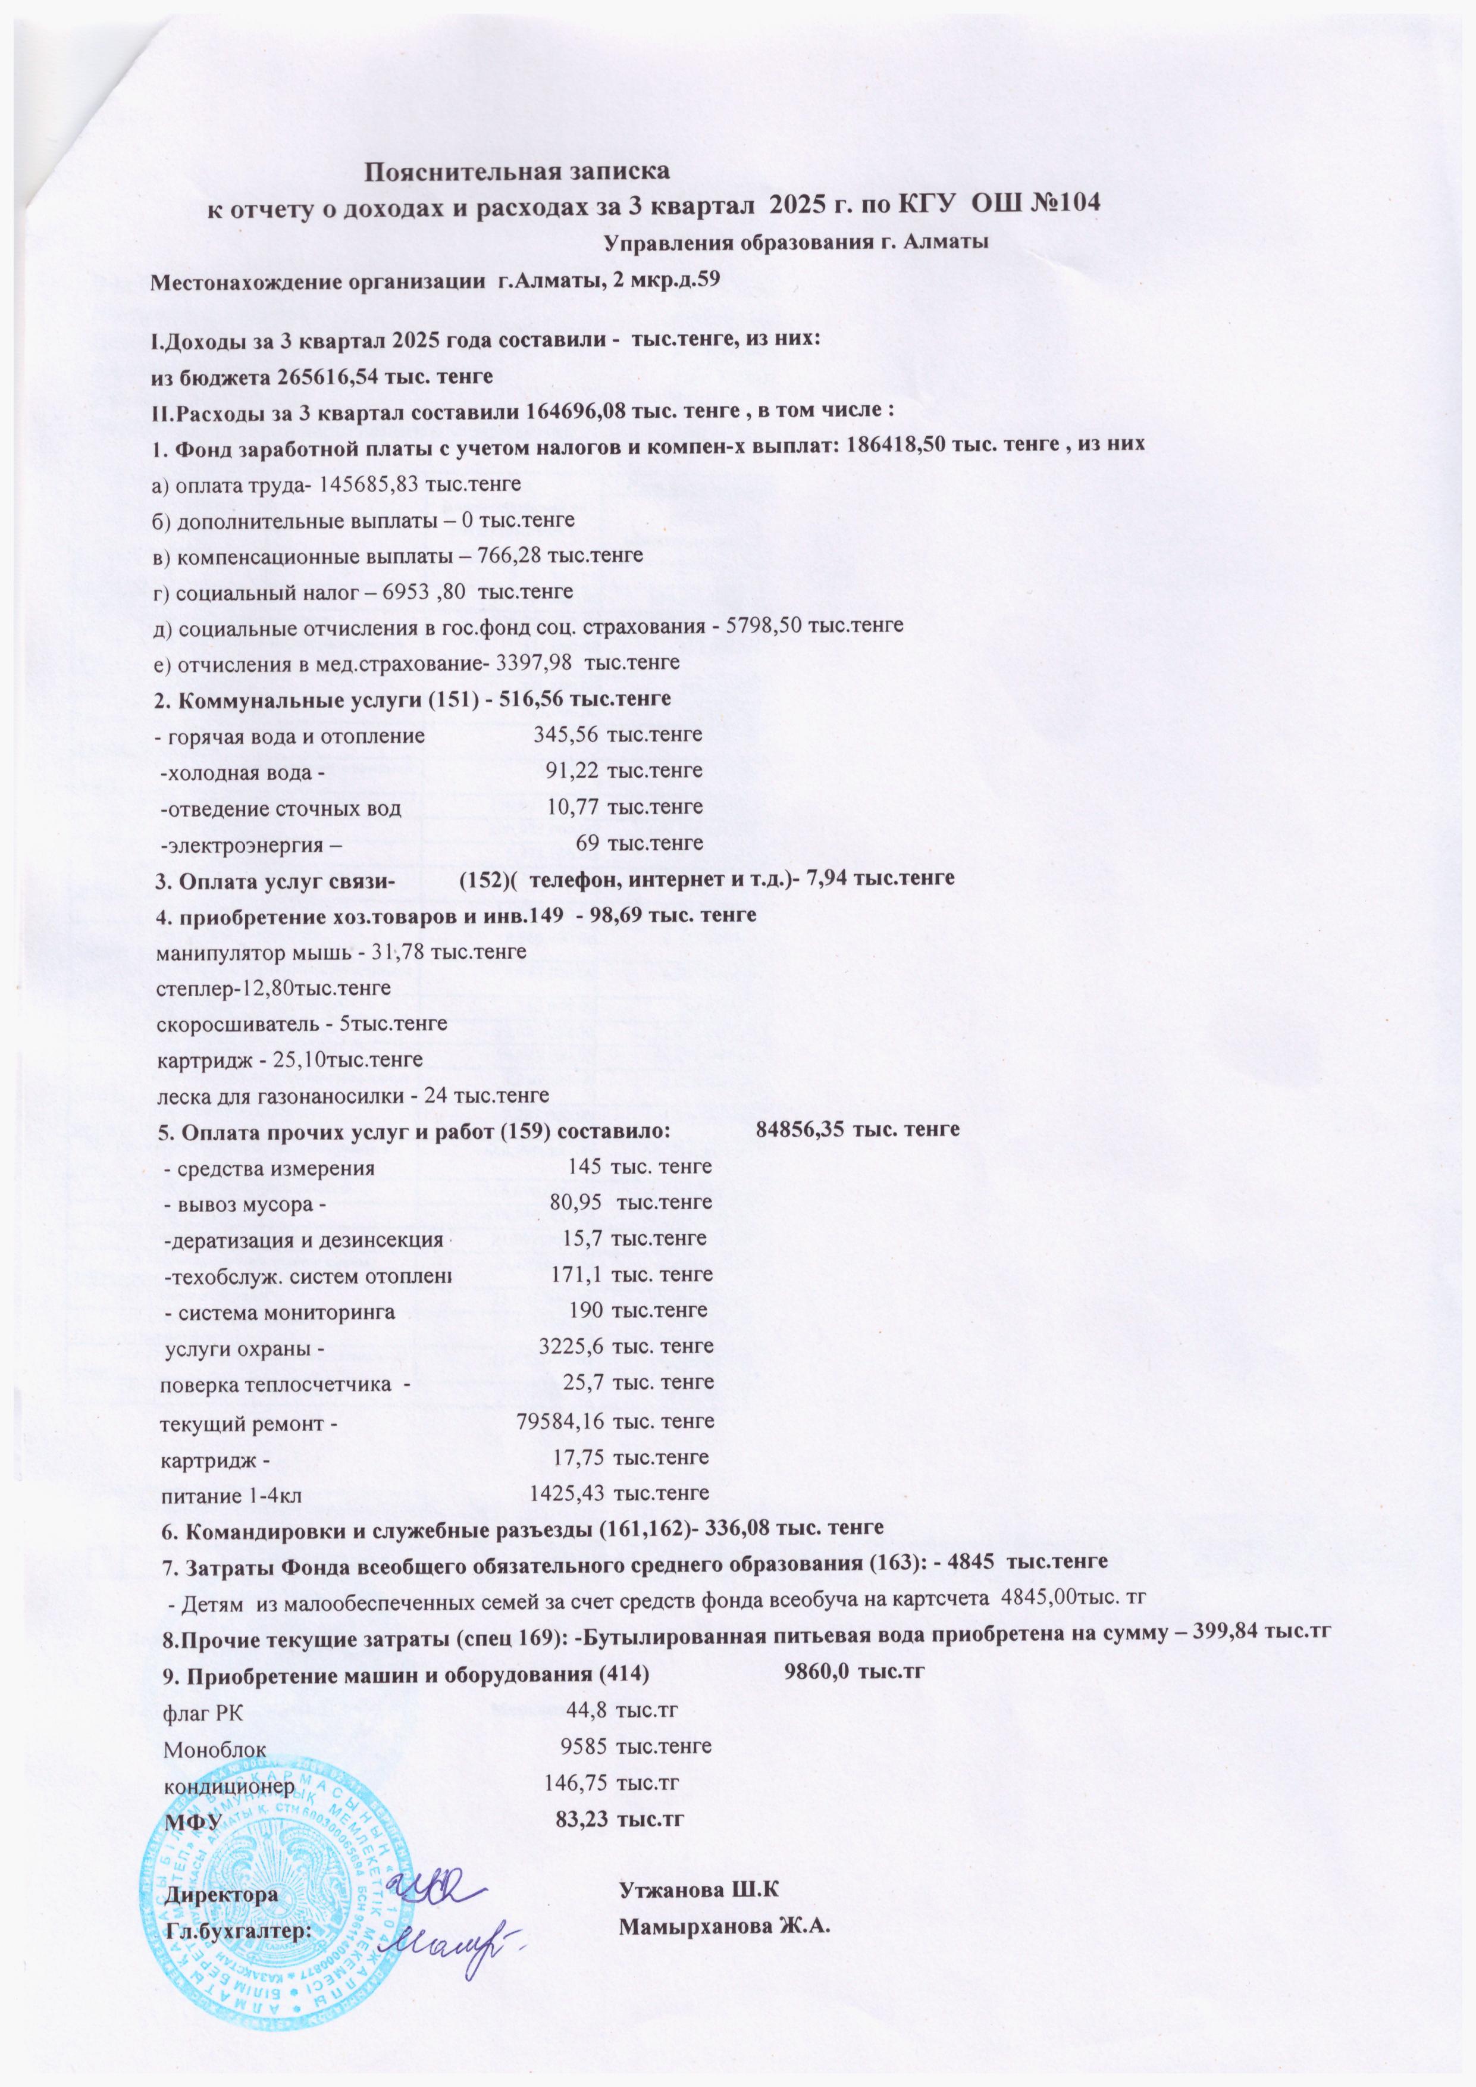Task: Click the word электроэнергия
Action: click(239, 843)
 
